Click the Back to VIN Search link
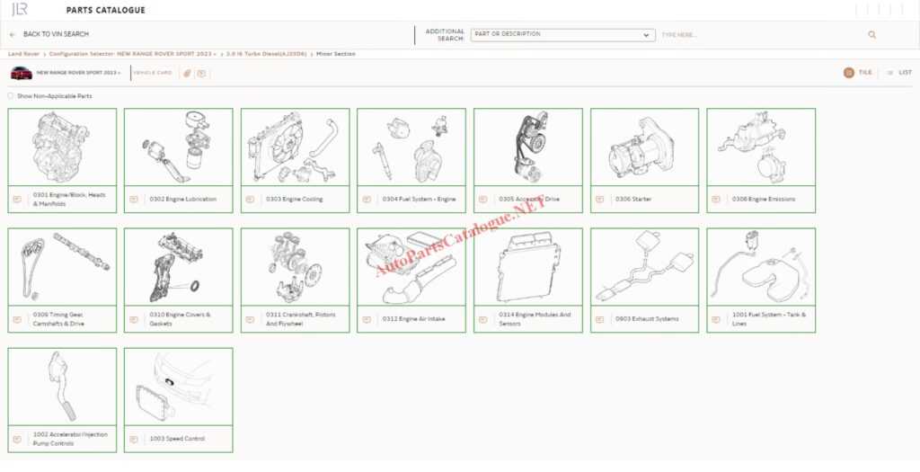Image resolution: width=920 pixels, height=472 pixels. tap(55, 34)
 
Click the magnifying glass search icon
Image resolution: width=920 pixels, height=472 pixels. tap(871, 35)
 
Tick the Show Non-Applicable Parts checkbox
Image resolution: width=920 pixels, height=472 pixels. tap(11, 95)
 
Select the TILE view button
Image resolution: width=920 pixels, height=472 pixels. tap(858, 72)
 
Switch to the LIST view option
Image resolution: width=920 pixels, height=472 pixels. tap(899, 72)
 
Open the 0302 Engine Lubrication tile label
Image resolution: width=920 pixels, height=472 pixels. tap(183, 199)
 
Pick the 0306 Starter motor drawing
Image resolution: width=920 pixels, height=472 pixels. tap(644, 147)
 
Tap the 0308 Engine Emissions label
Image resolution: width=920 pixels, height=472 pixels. tap(764, 199)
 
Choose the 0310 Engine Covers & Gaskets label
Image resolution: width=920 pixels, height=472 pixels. tap(181, 318)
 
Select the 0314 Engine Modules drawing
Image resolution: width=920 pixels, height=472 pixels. tap(527, 266)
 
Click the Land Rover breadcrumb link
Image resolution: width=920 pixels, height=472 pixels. tap(24, 54)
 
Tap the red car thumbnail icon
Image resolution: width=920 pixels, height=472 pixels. tap(22, 73)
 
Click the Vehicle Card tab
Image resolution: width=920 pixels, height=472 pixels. tap(153, 73)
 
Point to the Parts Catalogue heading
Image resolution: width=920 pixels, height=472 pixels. tap(106, 10)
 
